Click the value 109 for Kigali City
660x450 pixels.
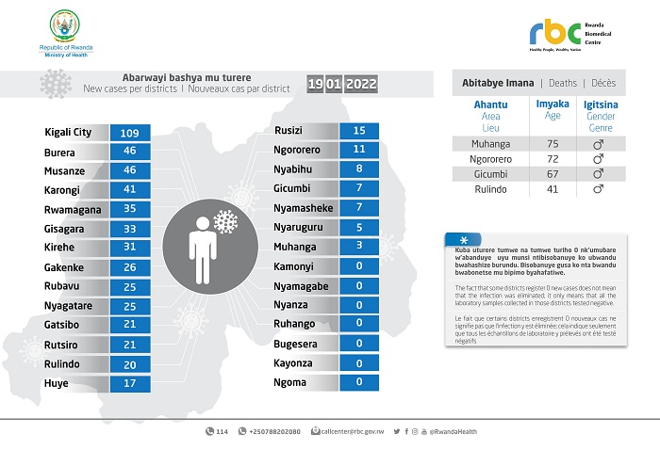(x=129, y=133)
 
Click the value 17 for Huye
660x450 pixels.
(x=129, y=383)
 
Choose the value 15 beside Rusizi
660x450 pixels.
(x=358, y=130)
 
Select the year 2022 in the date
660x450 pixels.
(x=361, y=85)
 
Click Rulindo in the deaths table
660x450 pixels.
(x=491, y=189)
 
